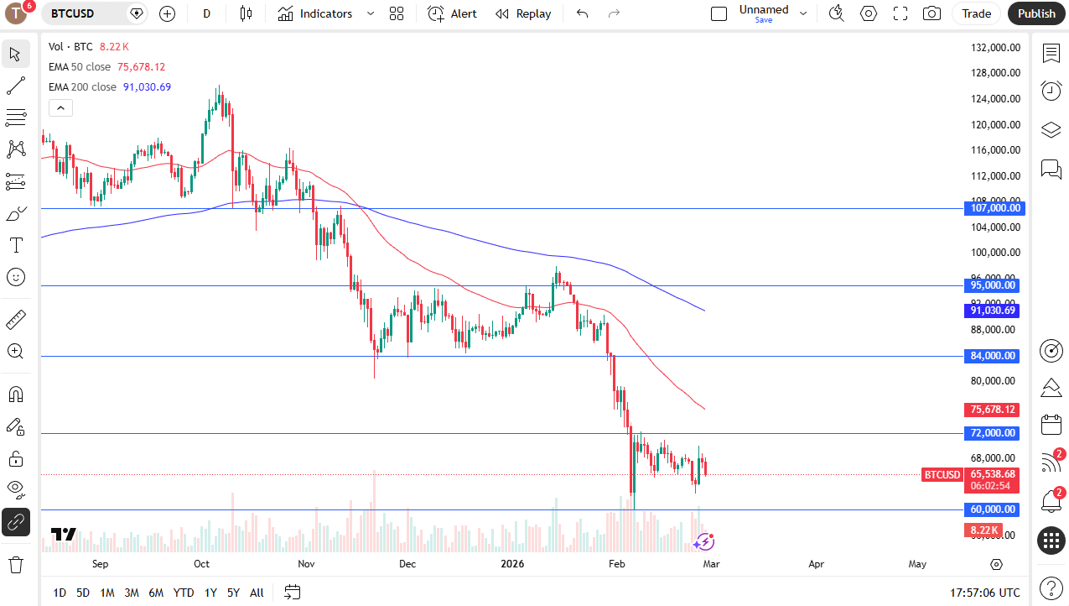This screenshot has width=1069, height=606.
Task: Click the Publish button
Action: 1037,13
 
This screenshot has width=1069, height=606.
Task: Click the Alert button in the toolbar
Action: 453,13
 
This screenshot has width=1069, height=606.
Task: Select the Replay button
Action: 523,13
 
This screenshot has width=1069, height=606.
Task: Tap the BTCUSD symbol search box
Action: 85,13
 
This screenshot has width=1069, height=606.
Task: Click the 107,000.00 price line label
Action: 994,208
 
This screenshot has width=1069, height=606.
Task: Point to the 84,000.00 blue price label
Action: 994,356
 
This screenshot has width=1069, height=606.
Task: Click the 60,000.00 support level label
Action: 994,509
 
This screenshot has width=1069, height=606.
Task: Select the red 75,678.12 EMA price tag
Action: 993,410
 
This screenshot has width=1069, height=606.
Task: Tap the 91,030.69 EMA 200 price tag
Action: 993,311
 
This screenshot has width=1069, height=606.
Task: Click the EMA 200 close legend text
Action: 82,86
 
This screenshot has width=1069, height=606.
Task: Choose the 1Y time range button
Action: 210,593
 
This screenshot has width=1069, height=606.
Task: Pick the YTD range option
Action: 184,593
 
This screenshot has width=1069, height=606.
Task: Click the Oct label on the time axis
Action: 201,565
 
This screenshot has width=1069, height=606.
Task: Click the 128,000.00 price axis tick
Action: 995,73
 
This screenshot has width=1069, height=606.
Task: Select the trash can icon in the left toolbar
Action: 16,564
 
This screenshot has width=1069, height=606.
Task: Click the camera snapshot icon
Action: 931,13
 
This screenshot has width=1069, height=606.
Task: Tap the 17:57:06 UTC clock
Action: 986,593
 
